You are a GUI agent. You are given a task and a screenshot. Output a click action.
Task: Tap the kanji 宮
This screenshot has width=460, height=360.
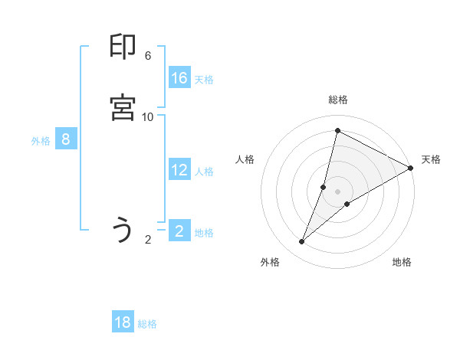[123, 108]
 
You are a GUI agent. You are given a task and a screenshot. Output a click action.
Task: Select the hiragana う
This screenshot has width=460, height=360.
[123, 230]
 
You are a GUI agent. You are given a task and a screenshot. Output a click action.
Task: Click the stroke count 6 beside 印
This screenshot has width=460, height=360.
[148, 56]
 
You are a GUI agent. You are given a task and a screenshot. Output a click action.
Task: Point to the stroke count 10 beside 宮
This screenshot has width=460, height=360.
[148, 116]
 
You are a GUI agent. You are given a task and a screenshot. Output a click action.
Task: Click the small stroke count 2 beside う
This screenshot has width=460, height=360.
[148, 240]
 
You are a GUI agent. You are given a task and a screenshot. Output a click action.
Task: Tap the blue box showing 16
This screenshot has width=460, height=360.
[179, 78]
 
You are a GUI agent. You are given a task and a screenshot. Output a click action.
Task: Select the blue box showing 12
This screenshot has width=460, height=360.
[179, 170]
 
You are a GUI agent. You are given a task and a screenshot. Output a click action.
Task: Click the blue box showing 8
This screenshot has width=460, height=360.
[66, 139]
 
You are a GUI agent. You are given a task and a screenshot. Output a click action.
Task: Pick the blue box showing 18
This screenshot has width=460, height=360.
[123, 322]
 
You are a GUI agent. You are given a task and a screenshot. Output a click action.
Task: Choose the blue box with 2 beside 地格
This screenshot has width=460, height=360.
[179, 231]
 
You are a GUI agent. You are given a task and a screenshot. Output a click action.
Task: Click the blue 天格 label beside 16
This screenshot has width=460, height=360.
[204, 80]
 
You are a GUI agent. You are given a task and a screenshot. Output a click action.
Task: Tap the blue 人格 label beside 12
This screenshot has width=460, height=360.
[204, 172]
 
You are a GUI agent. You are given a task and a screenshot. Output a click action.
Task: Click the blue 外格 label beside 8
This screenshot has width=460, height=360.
[41, 141]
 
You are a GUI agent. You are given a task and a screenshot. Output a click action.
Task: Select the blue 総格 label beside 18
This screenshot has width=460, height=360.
[147, 324]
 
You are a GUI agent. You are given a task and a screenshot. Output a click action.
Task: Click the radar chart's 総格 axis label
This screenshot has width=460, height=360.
[338, 100]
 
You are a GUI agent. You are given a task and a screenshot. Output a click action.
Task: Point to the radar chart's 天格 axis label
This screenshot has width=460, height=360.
[431, 159]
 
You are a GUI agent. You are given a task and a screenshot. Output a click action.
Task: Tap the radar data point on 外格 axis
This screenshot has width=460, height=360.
[302, 242]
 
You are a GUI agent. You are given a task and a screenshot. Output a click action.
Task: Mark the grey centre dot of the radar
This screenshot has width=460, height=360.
[338, 191]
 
